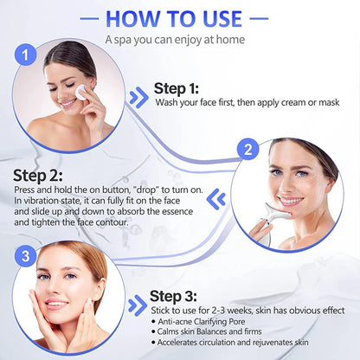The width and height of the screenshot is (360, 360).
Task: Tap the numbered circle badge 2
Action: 249,149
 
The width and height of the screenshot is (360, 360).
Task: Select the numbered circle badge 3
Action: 27,257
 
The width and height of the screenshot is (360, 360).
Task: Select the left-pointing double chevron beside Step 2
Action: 219,198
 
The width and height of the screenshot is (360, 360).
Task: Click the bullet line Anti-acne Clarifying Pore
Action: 212,322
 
